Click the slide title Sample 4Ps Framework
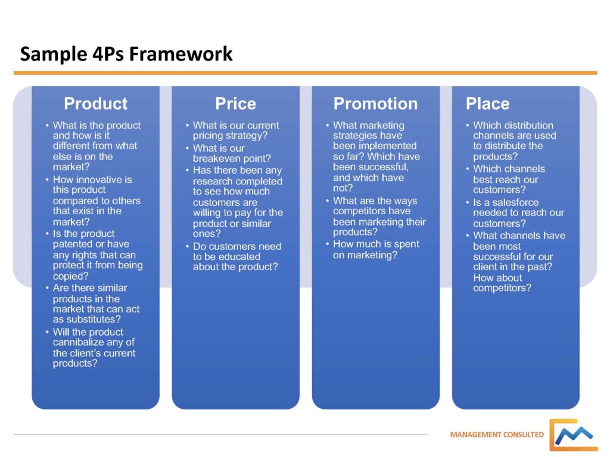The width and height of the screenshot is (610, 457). (x=126, y=54)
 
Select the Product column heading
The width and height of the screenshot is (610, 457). (x=95, y=104)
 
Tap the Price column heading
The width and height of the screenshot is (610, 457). (x=235, y=104)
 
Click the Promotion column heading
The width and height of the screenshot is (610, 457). (x=375, y=104)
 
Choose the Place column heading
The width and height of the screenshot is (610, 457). (x=487, y=104)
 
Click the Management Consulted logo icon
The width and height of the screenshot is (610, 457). (x=573, y=435)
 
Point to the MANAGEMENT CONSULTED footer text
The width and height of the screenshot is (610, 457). (x=497, y=434)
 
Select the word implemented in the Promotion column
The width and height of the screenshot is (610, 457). (x=387, y=146)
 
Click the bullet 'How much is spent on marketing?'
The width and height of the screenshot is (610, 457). (x=376, y=249)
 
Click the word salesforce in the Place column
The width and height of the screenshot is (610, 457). (x=513, y=202)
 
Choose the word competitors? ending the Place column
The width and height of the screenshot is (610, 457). (x=502, y=289)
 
